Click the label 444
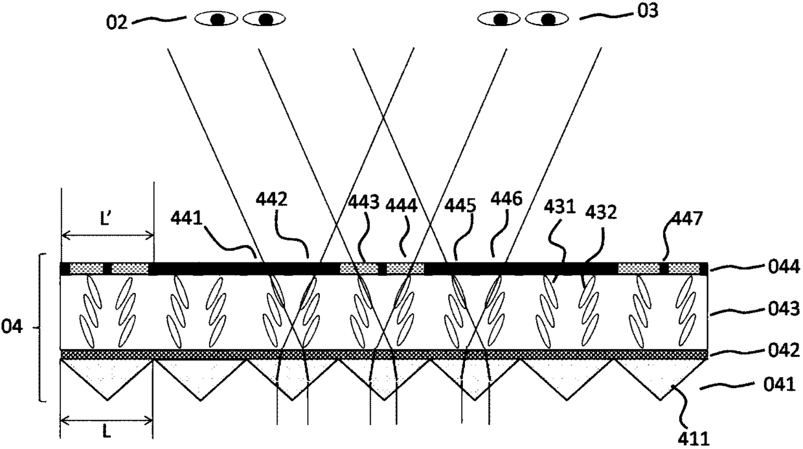(403, 206)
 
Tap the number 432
(600, 213)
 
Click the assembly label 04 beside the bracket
(16, 328)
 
